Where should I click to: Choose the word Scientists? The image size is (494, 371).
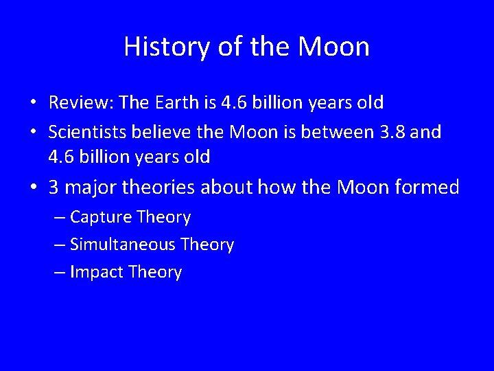coord(86,131)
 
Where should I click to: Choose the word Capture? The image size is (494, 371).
coord(102,218)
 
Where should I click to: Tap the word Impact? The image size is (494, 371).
coord(97,272)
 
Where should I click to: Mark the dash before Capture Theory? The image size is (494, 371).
coord(60,218)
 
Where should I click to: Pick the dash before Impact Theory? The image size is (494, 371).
coord(60,272)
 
